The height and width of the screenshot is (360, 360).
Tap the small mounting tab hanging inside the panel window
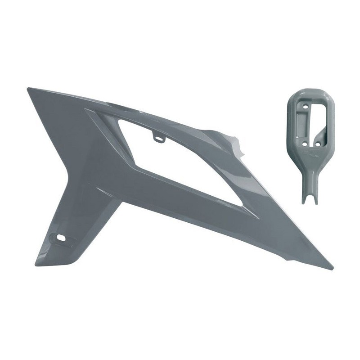coord(159,137)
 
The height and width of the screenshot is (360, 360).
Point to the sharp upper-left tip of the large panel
coord(28,89)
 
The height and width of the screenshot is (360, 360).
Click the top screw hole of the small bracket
coord(306,106)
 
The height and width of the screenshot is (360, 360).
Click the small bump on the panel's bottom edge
coord(288,259)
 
